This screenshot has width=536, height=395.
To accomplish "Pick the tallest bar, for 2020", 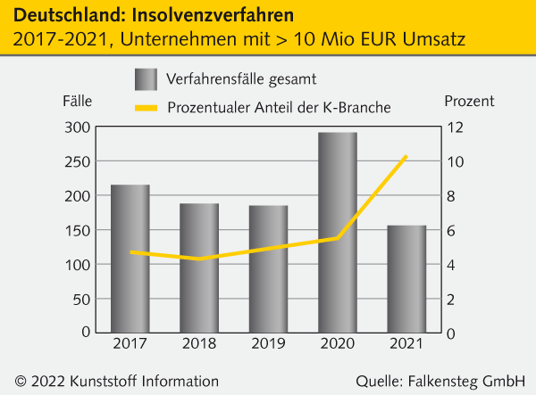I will pyautogui.click(x=338, y=232).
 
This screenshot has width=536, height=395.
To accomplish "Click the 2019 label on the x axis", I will pyautogui.click(x=268, y=343).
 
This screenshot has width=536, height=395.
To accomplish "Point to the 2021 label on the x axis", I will pyautogui.click(x=406, y=343).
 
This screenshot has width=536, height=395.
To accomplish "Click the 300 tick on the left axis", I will pyautogui.click(x=78, y=128).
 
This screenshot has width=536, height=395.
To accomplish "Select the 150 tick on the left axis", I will pyautogui.click(x=78, y=231).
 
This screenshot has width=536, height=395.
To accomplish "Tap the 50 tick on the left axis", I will pyautogui.click(x=81, y=299).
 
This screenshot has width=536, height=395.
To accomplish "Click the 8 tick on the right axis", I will pyautogui.click(x=451, y=196).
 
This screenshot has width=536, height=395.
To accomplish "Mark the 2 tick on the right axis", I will pyautogui.click(x=451, y=299).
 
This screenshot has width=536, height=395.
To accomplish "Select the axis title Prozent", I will pyautogui.click(x=469, y=101).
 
